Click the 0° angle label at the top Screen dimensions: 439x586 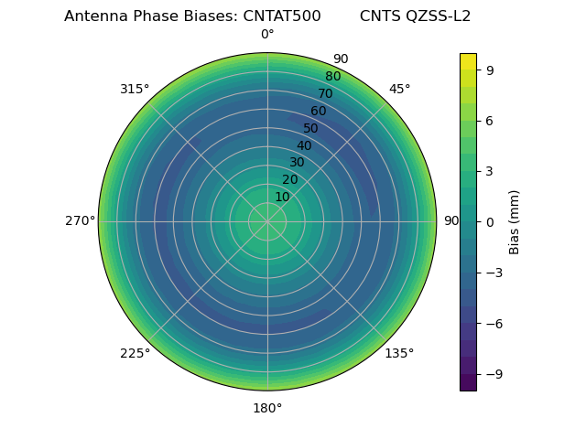tap(267, 35)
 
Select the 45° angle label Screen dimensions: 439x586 tap(399, 89)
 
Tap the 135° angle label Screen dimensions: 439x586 tap(399, 353)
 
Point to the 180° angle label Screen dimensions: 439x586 tap(267, 408)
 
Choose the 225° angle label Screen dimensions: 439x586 tap(135, 353)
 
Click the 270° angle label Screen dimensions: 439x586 tap(80, 221)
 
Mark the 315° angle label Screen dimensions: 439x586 tap(135, 89)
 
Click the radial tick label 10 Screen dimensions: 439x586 tap(282, 197)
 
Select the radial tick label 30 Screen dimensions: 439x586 tap(297, 163)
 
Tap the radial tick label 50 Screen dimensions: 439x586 tap(311, 128)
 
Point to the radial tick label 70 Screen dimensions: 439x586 tap(326, 93)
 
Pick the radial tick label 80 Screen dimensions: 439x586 tap(333, 77)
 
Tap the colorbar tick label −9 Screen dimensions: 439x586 tap(493, 374)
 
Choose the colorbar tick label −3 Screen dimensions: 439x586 tap(493, 273)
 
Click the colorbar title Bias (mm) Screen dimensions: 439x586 tap(515, 221)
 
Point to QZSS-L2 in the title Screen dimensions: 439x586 tap(439, 16)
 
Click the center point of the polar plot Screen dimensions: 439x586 tap(267, 221)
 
